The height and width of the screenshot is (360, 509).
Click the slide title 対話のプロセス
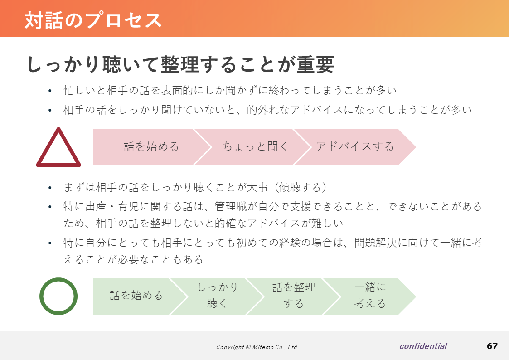point(93,20)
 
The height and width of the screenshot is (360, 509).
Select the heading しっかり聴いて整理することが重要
point(180,64)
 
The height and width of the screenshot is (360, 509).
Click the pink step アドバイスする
point(355,147)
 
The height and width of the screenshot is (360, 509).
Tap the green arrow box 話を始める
point(136,297)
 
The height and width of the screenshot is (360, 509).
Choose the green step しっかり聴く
point(218,297)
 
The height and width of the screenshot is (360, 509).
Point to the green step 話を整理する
point(294,297)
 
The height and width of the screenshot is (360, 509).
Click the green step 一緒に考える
point(370,297)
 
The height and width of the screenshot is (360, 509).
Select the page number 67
point(492,346)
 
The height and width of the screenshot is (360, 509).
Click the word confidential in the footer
point(423,346)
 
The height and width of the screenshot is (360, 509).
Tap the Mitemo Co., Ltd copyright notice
point(257,347)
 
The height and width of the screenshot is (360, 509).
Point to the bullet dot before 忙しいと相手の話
point(50,91)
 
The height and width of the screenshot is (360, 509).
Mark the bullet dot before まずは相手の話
point(50,188)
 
